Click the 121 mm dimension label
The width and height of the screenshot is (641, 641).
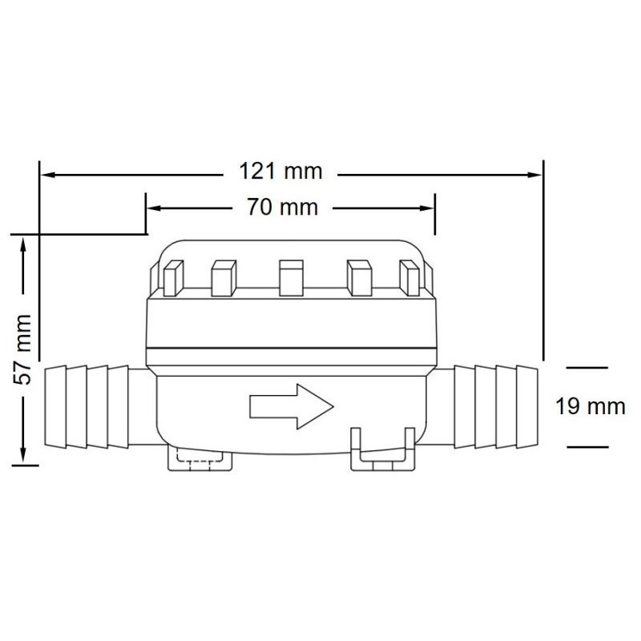click(280, 171)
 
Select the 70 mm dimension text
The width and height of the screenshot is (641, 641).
click(283, 207)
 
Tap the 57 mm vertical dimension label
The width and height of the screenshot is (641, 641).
click(22, 349)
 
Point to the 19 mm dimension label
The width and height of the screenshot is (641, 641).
click(591, 407)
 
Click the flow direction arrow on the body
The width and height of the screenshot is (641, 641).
click(292, 407)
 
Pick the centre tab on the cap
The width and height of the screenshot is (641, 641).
click(291, 278)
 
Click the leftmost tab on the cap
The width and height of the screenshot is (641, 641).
click(173, 278)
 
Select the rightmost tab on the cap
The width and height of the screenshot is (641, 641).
click(409, 278)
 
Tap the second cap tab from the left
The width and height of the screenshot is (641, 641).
click(224, 278)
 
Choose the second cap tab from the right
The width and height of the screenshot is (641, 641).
click(359, 278)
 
